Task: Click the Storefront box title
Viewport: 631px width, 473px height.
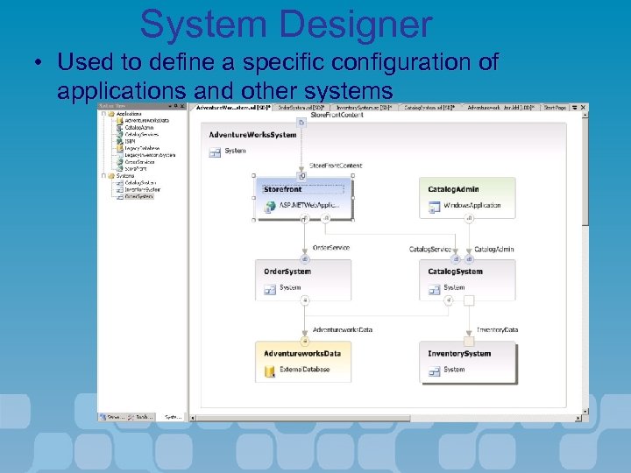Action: tap(282, 189)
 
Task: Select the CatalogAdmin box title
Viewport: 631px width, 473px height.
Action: tap(453, 189)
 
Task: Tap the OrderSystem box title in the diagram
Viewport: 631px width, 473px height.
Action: tap(287, 272)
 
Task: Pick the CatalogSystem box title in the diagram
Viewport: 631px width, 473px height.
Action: tap(455, 272)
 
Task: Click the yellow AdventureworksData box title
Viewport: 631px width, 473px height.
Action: tap(301, 353)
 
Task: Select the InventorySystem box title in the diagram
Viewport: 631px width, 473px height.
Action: tap(459, 354)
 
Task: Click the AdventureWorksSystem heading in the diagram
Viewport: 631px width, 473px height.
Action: tap(252, 135)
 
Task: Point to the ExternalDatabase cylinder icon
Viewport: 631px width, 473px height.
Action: tap(270, 371)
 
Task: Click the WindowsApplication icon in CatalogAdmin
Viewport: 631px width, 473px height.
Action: tap(434, 206)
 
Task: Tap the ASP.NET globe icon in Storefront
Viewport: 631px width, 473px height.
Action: tap(270, 206)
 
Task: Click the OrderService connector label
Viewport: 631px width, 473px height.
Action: tap(331, 248)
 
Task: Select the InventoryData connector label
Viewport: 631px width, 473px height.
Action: tap(498, 330)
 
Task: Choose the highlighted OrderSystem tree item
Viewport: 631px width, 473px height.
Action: tap(138, 196)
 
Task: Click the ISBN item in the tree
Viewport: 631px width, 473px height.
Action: tap(131, 141)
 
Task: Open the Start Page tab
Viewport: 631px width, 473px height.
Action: tap(554, 108)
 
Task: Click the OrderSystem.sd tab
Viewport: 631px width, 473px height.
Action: tap(301, 108)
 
